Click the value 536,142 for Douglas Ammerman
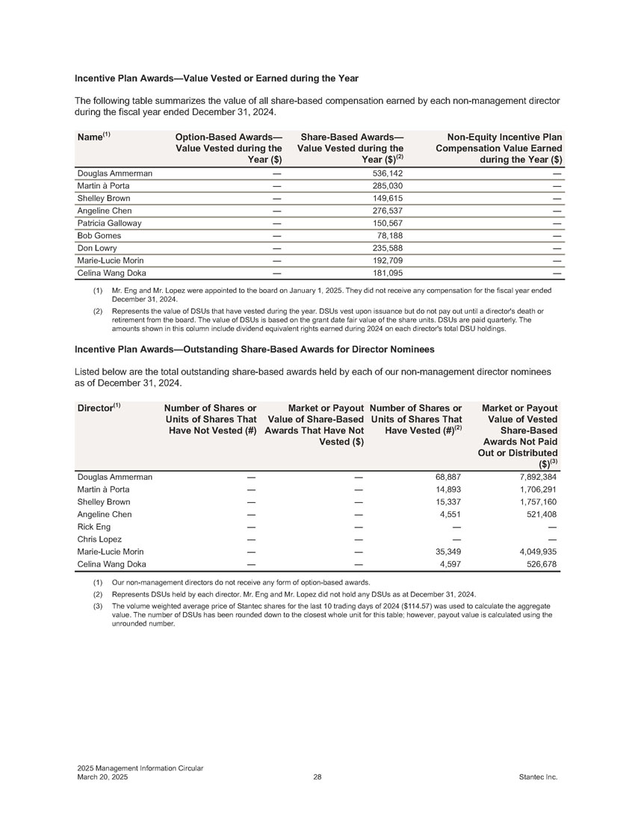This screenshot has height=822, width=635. tap(388, 173)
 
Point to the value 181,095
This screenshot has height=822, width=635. tap(388, 273)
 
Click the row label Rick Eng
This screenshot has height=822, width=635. tap(94, 526)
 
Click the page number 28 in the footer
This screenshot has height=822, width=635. tap(317, 778)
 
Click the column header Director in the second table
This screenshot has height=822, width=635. tap(96, 408)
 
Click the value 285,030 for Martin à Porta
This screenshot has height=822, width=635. tap(388, 186)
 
